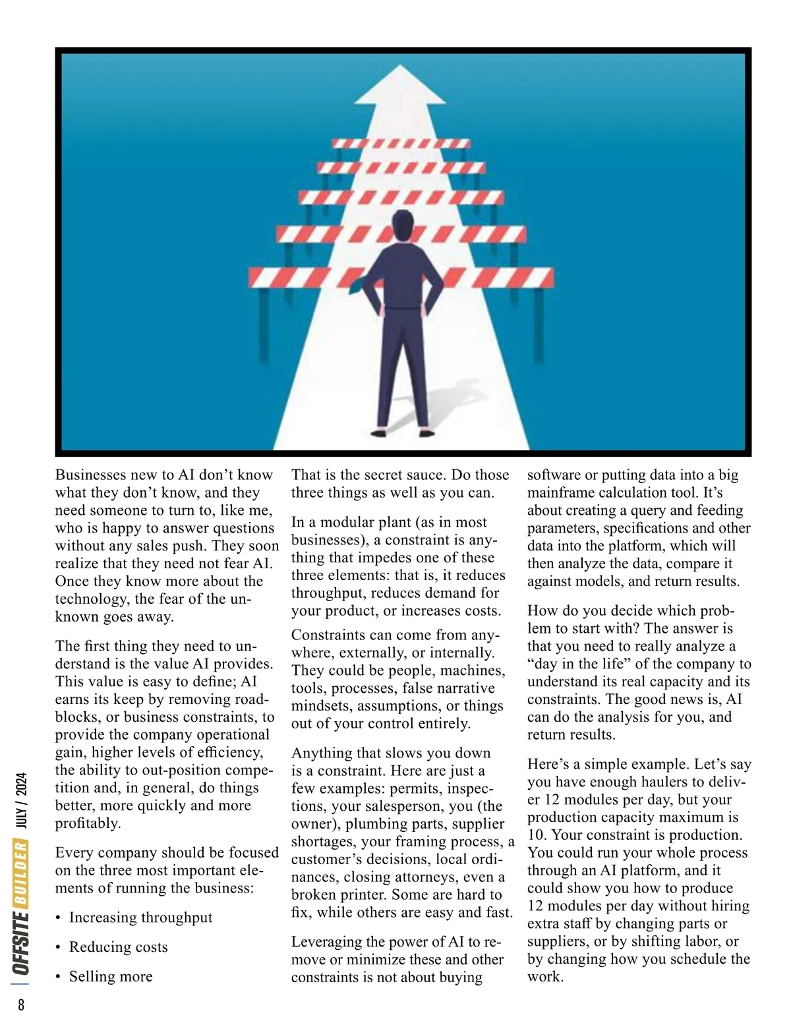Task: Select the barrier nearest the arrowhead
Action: click(401, 143)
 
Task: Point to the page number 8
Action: click(21, 1005)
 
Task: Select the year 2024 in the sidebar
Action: click(21, 787)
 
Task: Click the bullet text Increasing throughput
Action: click(140, 918)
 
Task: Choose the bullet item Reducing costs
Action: click(118, 947)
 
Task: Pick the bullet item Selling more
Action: click(110, 976)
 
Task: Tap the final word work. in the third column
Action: click(545, 977)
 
